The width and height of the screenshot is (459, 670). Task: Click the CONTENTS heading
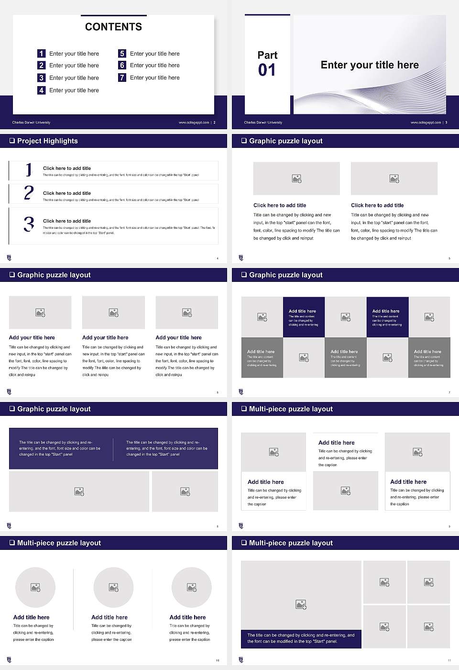(x=113, y=27)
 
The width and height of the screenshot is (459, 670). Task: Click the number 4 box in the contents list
(x=42, y=90)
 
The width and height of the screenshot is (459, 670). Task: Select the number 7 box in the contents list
(x=122, y=78)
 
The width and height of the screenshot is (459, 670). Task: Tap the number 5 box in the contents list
(x=122, y=54)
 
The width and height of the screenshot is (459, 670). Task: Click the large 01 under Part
(x=267, y=70)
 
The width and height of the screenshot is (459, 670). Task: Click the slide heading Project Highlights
(x=47, y=141)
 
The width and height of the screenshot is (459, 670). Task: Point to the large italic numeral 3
(x=29, y=224)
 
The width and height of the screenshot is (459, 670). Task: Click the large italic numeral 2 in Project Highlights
(x=29, y=193)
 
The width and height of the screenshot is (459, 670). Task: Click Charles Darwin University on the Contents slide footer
(x=31, y=123)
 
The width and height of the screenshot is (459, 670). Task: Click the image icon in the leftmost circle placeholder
(x=35, y=587)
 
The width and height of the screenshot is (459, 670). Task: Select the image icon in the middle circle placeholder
(x=113, y=587)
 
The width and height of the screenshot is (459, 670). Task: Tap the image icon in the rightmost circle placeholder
(x=192, y=587)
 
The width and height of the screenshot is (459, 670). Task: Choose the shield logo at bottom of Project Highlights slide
(x=9, y=258)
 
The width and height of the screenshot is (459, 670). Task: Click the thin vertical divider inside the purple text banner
(x=113, y=449)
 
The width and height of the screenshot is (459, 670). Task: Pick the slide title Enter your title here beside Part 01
(x=370, y=65)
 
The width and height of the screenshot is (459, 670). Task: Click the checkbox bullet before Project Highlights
(x=12, y=141)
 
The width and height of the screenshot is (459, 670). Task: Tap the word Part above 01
(x=267, y=55)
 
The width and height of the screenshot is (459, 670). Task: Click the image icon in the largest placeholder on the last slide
(x=301, y=605)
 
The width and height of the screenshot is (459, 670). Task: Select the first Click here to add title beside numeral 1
(x=67, y=168)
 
